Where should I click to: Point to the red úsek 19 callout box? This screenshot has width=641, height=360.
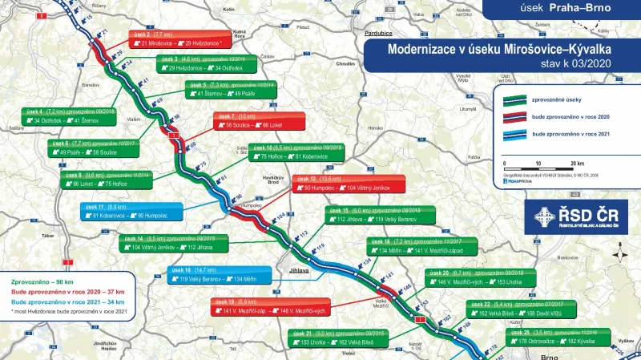258,305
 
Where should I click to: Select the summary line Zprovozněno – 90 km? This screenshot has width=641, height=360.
42,282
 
